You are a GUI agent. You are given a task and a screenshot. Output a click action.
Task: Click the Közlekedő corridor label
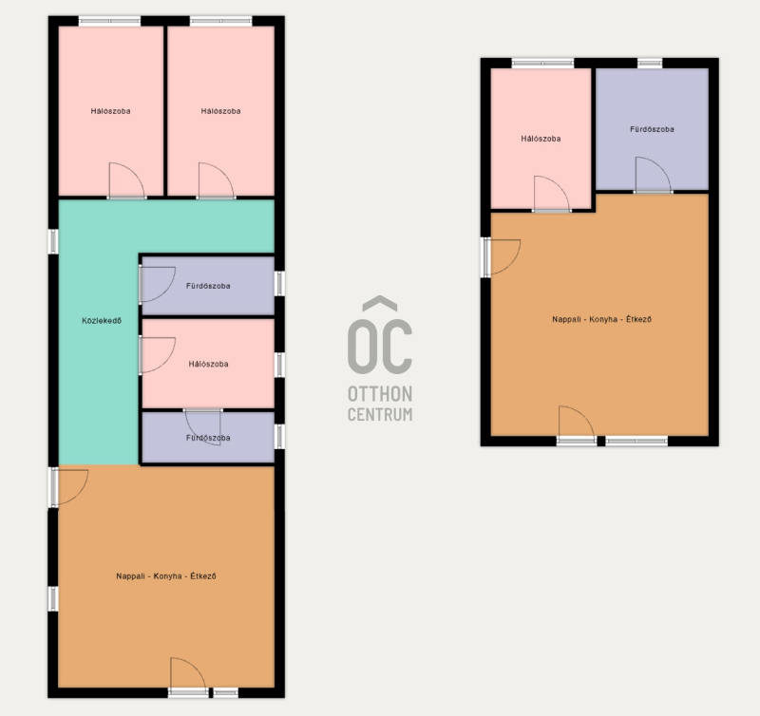[102, 321]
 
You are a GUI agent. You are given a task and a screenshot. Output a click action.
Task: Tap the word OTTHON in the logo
[380, 394]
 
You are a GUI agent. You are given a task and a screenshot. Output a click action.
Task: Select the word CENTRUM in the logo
[380, 415]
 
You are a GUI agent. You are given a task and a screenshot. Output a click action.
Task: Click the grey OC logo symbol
[380, 335]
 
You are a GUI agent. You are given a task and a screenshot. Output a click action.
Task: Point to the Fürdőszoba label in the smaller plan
[652, 129]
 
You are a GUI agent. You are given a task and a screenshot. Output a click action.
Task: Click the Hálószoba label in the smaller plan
[541, 139]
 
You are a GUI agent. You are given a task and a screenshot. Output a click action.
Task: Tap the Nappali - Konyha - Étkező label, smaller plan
[602, 319]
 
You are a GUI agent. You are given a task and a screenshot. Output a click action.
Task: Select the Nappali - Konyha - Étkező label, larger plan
[166, 576]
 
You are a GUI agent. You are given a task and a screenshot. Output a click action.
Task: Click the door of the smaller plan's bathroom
[653, 175]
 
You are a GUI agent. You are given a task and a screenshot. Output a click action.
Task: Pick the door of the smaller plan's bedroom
[552, 194]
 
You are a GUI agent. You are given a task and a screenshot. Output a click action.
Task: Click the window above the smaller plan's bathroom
[650, 63]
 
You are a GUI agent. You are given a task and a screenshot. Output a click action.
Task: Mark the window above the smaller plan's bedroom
[542, 63]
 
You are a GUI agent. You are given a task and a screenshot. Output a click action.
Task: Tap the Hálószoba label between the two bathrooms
[208, 364]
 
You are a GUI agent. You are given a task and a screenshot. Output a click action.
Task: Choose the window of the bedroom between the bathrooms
[279, 365]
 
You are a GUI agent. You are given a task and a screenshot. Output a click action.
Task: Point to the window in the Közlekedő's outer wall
[53, 241]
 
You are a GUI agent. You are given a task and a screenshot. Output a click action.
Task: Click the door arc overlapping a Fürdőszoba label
[203, 427]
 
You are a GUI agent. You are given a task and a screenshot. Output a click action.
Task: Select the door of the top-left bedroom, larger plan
[126, 180]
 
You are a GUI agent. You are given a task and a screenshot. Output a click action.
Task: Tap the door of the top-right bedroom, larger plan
[217, 180]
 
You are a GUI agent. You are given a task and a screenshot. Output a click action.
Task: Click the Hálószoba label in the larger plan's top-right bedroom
[221, 111]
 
